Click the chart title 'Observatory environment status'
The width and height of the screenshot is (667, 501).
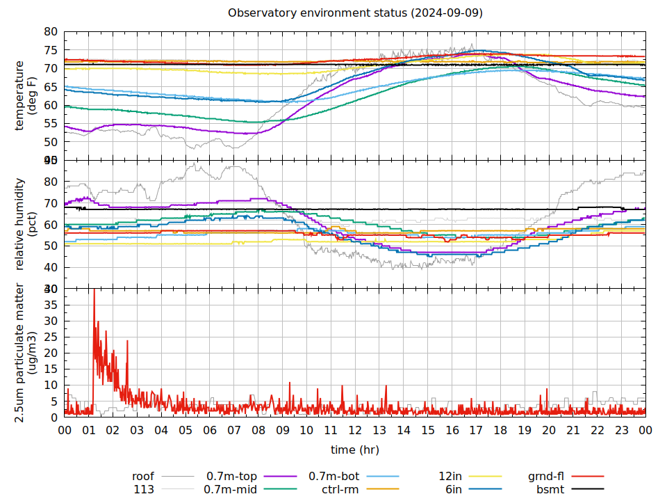[x=355, y=13]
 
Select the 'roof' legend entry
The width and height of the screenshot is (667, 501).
[x=143, y=477]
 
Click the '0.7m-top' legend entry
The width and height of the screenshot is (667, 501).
[x=231, y=477]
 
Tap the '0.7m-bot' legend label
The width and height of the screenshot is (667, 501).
[x=333, y=477]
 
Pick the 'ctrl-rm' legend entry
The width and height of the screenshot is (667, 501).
[x=340, y=490]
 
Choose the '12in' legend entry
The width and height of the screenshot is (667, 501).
[x=450, y=477]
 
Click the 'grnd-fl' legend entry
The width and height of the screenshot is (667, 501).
[x=546, y=477]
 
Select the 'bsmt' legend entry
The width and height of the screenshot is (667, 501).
[x=550, y=490]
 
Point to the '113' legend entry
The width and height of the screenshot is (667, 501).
[x=144, y=490]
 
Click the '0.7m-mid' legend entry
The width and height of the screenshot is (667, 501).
[x=231, y=490]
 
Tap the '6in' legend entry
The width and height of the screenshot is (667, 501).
[x=454, y=490]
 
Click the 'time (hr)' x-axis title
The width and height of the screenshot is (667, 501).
[x=355, y=450]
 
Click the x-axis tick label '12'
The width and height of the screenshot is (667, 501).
[x=355, y=431]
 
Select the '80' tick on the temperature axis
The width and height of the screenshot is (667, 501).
[x=51, y=32]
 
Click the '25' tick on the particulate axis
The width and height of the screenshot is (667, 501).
[x=51, y=337]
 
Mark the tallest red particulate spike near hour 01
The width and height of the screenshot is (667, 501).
[x=94, y=290]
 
